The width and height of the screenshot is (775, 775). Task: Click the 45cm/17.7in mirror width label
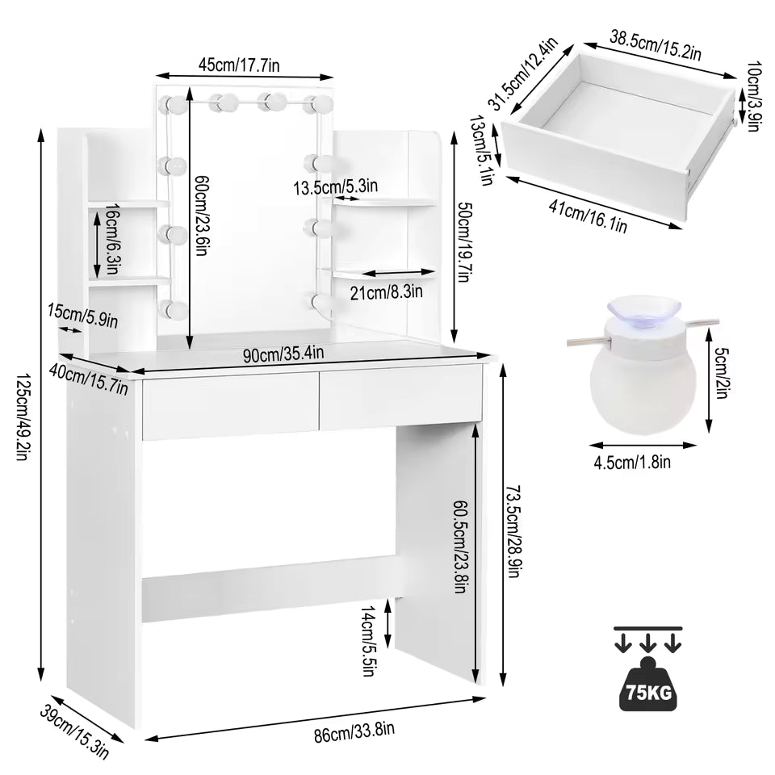click(x=241, y=65)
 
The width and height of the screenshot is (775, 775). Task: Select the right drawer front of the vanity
click(x=401, y=398)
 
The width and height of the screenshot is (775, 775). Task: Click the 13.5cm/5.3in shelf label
click(x=336, y=187)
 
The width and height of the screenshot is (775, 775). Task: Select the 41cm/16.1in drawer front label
click(x=588, y=216)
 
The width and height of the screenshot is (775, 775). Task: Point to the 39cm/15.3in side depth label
click(x=73, y=729)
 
